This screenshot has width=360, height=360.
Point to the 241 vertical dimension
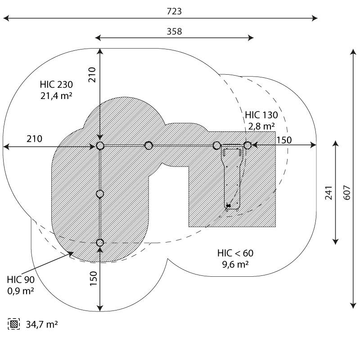329,192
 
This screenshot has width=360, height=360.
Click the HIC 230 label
56,84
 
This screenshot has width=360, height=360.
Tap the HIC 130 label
261,115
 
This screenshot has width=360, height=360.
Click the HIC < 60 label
234,254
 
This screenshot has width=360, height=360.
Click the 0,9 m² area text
21,291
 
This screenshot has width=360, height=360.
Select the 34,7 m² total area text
41,324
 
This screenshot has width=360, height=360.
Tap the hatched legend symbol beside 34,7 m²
14,324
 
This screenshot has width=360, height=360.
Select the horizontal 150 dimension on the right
284,140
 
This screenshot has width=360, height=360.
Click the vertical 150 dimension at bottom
93,279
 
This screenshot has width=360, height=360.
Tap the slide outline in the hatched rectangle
233,178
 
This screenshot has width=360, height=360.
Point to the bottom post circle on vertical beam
100,243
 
